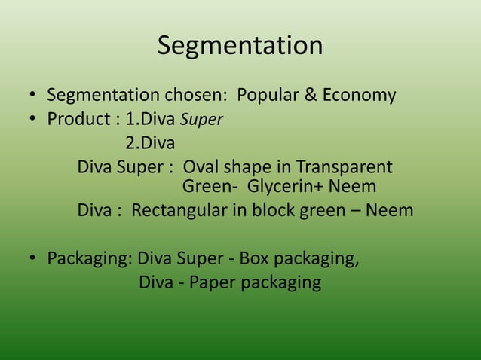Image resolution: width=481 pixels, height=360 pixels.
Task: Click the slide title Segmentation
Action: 240,46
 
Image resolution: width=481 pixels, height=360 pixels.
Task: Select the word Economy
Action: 359,96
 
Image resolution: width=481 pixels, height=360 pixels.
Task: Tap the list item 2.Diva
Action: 149,142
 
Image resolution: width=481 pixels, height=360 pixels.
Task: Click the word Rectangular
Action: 179,210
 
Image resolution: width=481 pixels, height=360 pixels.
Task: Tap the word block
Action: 274,210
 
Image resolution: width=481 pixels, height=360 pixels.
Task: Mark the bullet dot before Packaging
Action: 33,260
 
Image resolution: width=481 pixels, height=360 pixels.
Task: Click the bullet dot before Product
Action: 33,120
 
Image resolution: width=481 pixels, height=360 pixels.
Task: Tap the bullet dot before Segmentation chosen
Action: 33,96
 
